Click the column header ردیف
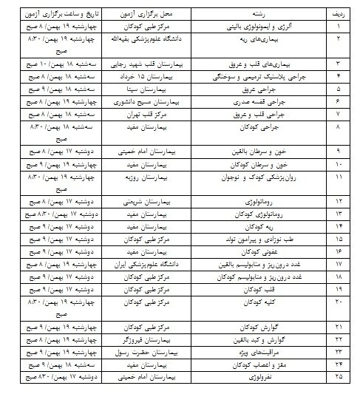pos(336,13)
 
